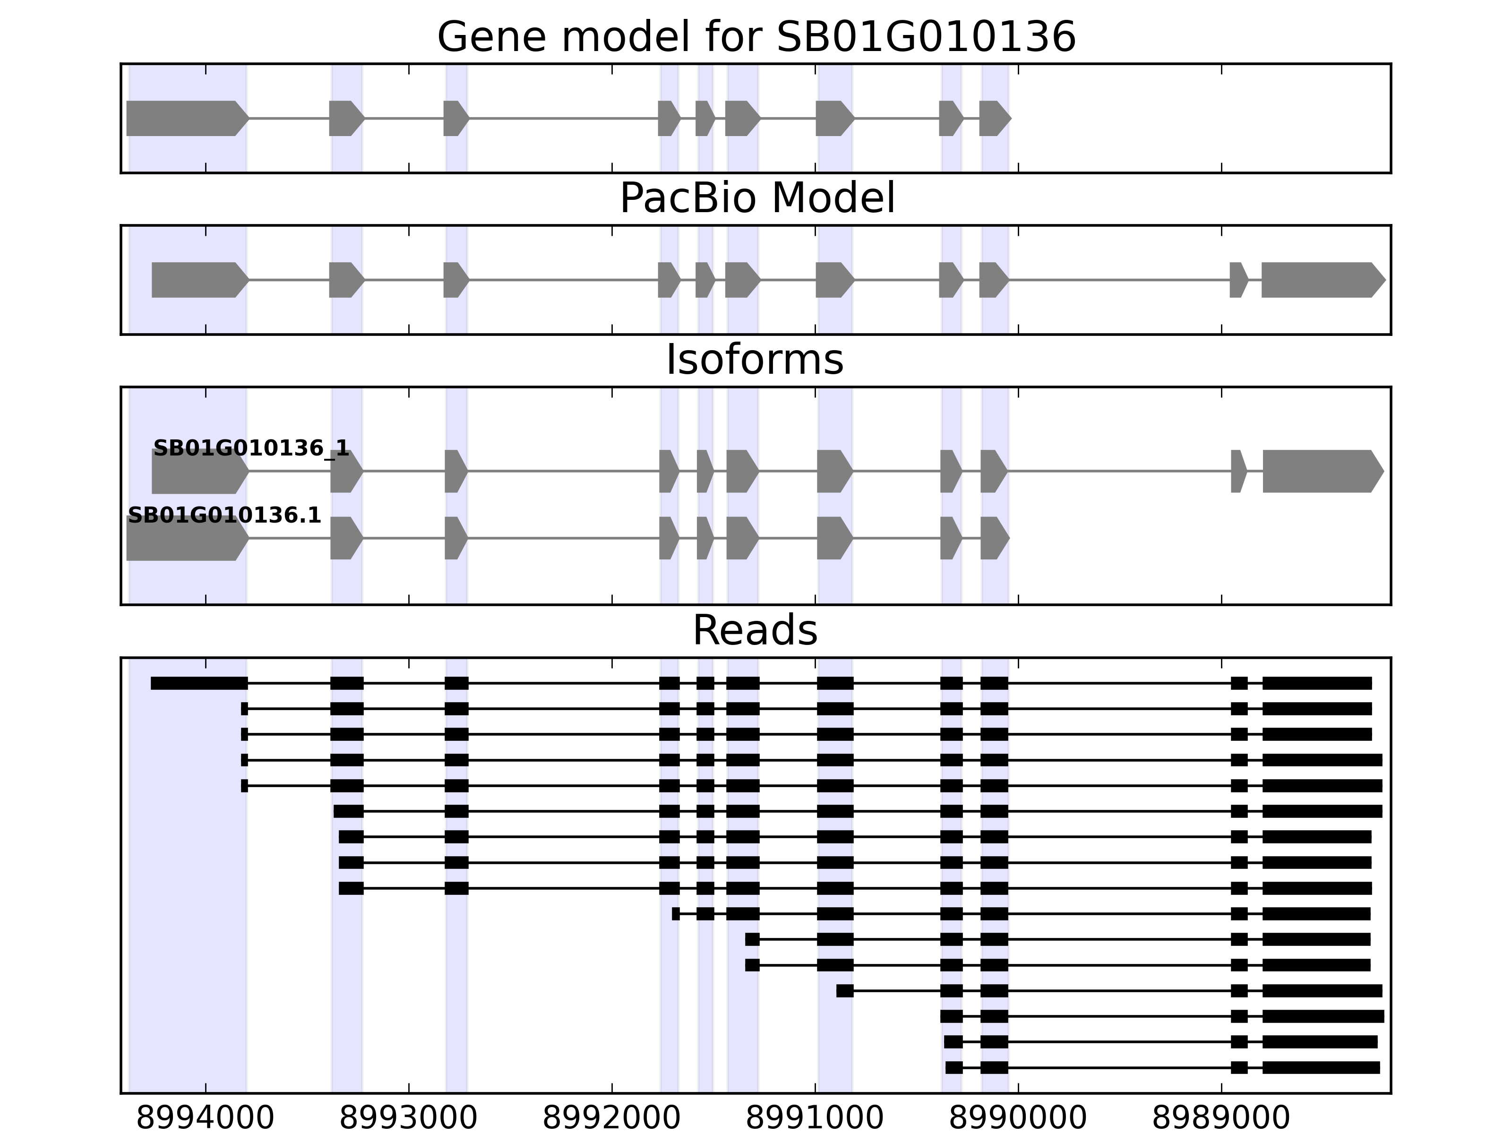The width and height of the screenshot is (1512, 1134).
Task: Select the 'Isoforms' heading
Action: (x=755, y=360)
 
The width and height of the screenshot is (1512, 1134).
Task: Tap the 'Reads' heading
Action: (x=755, y=630)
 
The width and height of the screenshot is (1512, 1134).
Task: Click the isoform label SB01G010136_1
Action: (x=251, y=448)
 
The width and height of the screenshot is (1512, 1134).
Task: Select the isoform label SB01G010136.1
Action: (x=224, y=515)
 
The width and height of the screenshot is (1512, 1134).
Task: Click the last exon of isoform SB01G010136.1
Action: (x=994, y=538)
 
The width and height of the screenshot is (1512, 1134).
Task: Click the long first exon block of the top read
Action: (x=199, y=683)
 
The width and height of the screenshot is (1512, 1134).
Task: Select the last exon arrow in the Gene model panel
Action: (x=994, y=118)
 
